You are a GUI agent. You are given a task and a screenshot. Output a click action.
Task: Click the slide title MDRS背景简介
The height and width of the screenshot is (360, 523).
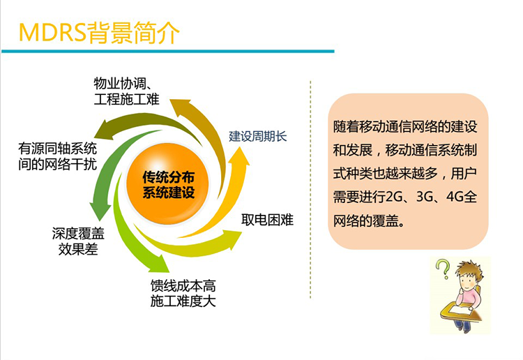(99, 33)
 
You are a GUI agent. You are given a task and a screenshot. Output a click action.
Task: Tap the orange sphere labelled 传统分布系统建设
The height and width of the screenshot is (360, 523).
(168, 183)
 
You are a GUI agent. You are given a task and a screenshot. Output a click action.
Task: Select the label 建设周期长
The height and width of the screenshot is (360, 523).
(258, 137)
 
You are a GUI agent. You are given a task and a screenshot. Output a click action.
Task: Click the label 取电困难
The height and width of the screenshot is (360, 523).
(268, 220)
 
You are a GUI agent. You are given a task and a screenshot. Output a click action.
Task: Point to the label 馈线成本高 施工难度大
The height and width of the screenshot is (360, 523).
(183, 294)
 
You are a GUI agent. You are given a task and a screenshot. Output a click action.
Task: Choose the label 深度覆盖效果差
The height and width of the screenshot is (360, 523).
(78, 241)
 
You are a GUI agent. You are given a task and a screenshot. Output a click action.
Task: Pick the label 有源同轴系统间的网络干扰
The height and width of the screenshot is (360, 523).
(57, 156)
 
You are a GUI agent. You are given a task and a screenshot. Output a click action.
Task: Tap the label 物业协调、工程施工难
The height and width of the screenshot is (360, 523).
(126, 91)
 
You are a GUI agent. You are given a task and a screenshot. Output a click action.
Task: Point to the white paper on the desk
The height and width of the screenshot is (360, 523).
(460, 310)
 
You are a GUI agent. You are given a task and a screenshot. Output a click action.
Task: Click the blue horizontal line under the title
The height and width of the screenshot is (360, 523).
(168, 52)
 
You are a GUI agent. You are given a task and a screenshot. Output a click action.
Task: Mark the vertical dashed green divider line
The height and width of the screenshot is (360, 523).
(310, 190)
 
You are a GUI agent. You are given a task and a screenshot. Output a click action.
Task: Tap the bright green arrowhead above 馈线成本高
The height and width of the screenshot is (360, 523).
(160, 264)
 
